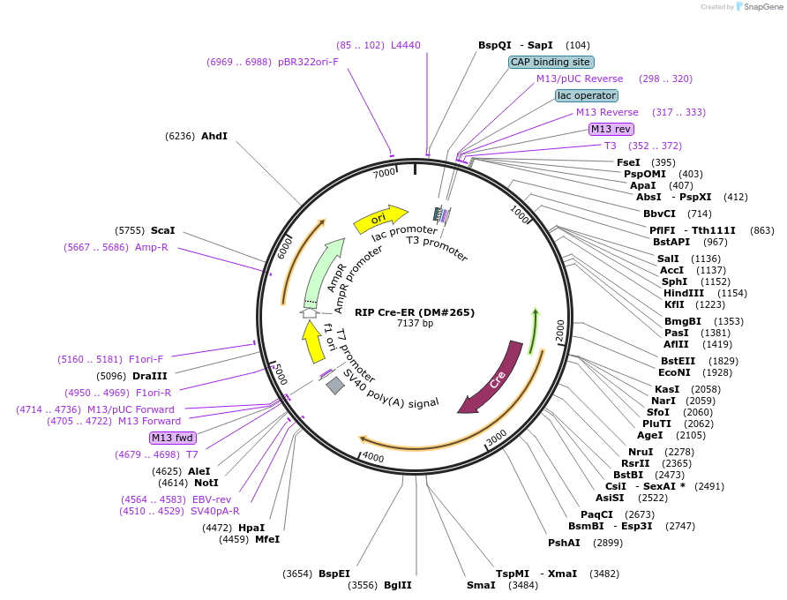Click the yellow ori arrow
tap(380, 218)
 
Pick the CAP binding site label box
tap(551, 62)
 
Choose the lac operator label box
tap(587, 95)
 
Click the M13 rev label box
tap(611, 129)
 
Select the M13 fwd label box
tap(172, 438)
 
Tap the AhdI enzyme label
tap(214, 136)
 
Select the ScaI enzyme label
tap(163, 230)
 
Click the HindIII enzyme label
tap(684, 293)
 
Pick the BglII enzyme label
tap(398, 585)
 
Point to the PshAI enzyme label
tap(564, 543)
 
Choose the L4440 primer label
tap(406, 45)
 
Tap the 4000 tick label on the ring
tap(373, 458)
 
